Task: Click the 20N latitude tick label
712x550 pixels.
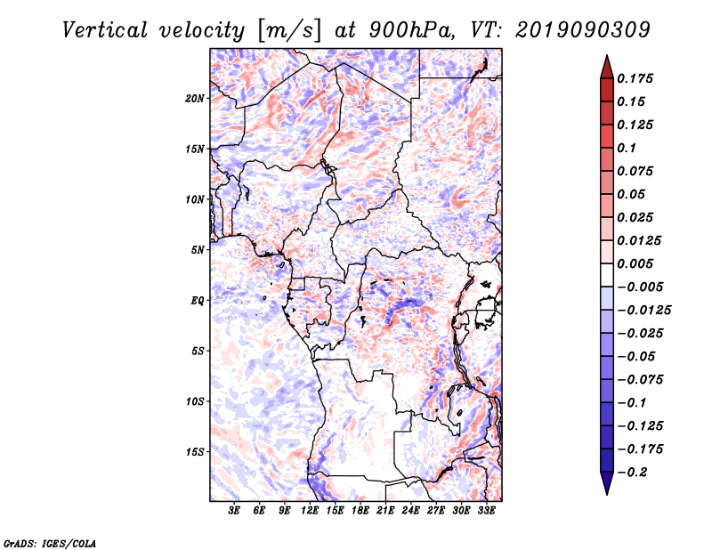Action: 195,99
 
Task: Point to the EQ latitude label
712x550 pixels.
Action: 197,301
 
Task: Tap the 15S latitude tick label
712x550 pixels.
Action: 195,452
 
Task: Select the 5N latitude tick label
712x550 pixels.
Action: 198,250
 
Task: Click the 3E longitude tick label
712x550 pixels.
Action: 234,511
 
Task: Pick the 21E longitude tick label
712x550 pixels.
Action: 385,511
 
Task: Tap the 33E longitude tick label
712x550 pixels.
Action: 486,511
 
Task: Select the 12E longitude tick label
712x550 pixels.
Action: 309,511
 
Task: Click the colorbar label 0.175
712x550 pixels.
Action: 635,78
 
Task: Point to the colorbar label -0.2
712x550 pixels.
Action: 632,473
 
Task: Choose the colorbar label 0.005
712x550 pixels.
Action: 635,263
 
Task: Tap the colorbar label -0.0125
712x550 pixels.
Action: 643,311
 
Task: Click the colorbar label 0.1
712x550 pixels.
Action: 627,148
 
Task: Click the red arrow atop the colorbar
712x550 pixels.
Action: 607,67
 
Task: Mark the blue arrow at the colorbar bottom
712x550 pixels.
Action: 607,483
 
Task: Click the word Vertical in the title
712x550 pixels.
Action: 104,30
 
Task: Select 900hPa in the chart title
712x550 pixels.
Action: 410,30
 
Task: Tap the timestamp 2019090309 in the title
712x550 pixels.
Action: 583,30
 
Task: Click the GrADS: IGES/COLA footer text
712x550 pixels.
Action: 50,544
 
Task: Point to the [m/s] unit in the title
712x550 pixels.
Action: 289,30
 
